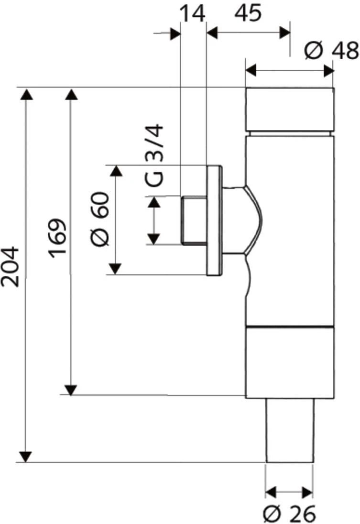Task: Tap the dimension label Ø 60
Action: click(100, 219)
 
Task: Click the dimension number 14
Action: click(193, 14)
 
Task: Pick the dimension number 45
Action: click(248, 14)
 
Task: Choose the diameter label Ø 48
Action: click(331, 51)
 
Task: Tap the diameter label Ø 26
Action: click(289, 514)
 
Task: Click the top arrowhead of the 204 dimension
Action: click(26, 94)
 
